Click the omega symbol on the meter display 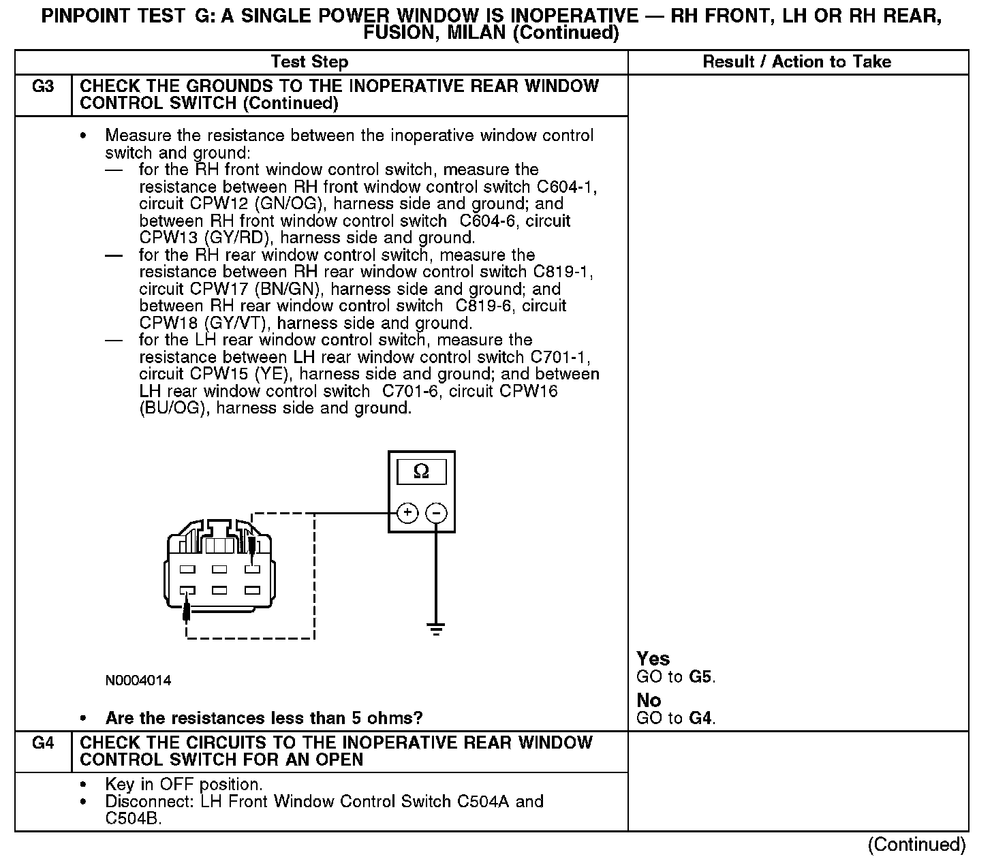pos(422,471)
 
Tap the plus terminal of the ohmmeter pos(407,513)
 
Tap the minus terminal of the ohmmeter pos(437,513)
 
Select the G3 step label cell pos(43,87)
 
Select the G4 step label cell pos(43,743)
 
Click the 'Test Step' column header pos(309,62)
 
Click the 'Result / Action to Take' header pos(796,62)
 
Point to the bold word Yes pos(653,659)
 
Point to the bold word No pos(649,700)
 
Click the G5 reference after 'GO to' pos(701,677)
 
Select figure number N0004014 pos(138,680)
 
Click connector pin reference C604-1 pos(565,187)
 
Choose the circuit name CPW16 pos(528,391)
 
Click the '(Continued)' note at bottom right pos(916,845)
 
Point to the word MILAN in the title pos(476,33)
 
